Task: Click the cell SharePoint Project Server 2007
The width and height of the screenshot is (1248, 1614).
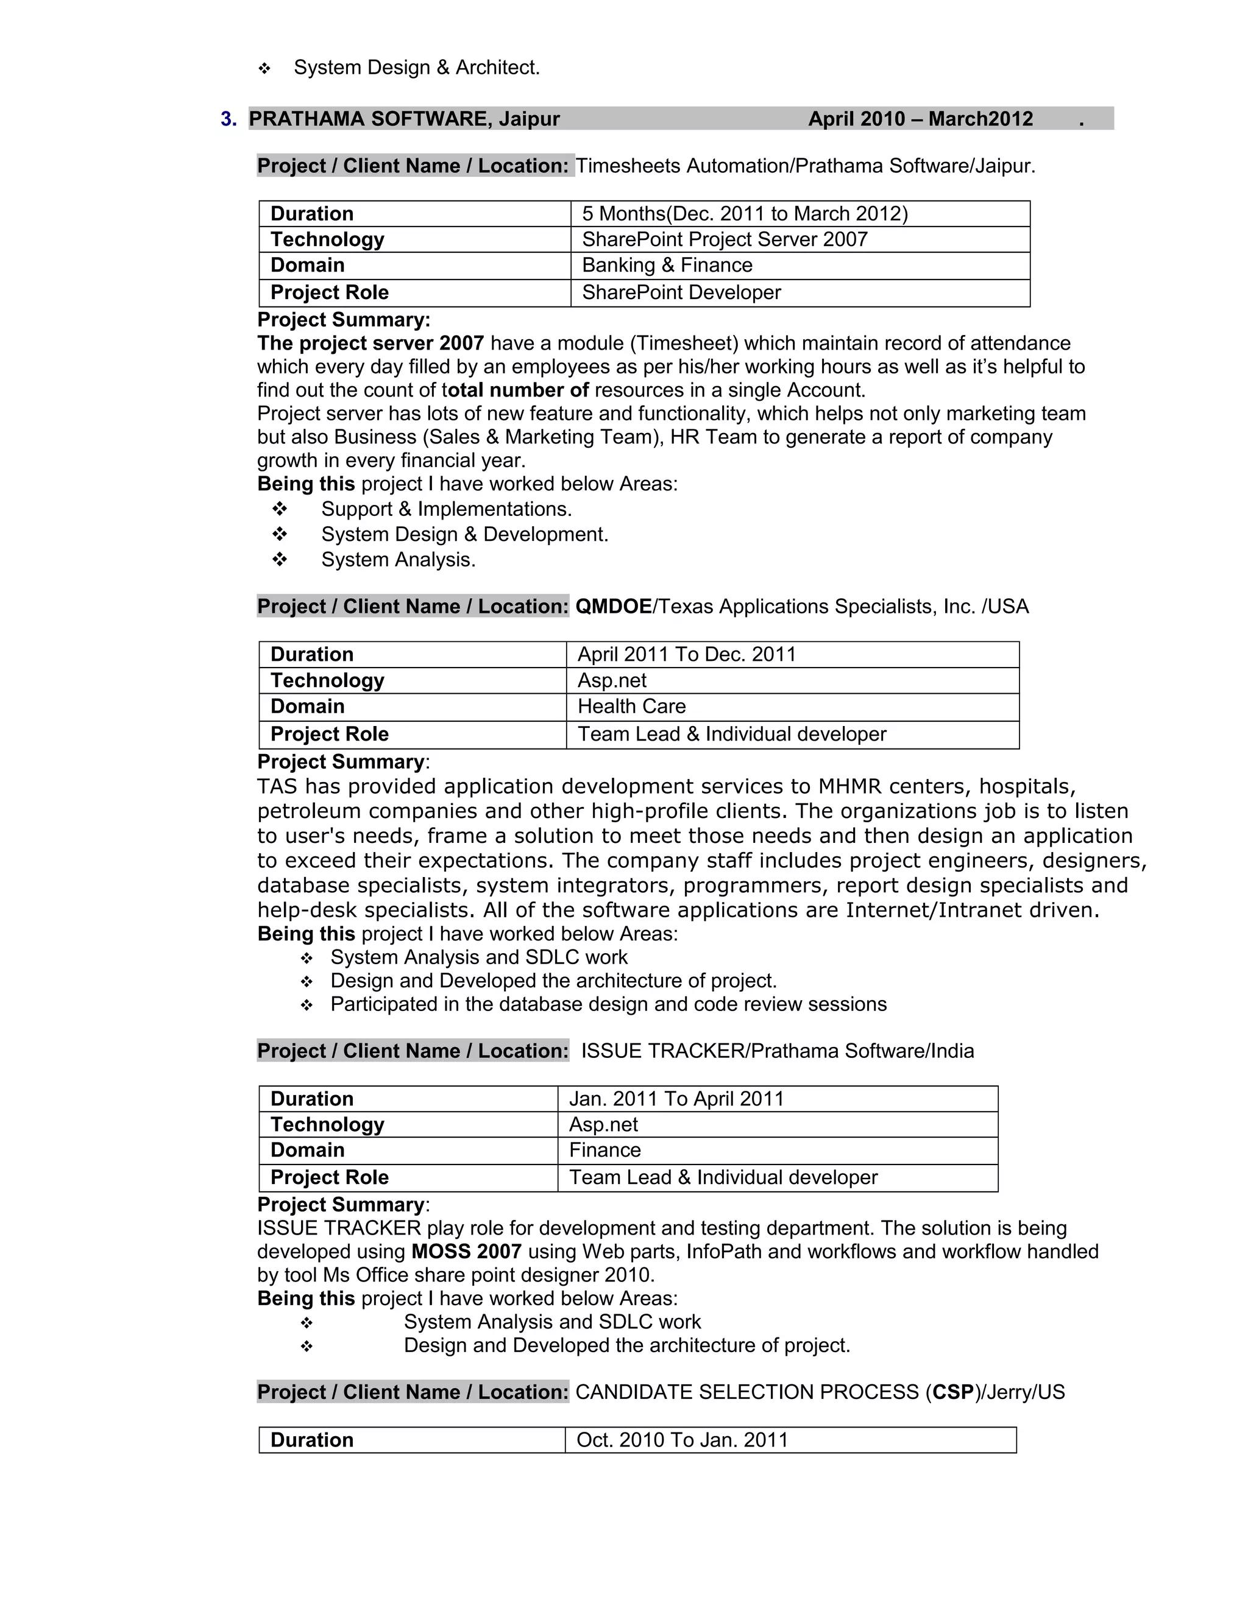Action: click(725, 239)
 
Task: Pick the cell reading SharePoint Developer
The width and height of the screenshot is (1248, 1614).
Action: click(681, 292)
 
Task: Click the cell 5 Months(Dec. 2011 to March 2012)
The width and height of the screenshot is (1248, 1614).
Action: click(745, 214)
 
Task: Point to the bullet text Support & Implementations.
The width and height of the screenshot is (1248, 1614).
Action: click(447, 509)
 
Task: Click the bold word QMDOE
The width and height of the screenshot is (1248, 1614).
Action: click(613, 607)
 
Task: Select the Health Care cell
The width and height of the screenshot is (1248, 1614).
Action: click(631, 707)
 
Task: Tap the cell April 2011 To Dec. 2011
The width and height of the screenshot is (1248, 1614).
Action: click(686, 655)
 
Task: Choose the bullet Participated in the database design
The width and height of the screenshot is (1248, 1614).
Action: click(608, 1004)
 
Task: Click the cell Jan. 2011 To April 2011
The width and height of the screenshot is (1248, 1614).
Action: click(676, 1099)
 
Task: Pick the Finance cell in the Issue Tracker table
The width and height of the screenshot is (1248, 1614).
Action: click(604, 1150)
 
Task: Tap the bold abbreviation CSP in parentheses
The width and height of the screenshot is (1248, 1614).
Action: click(953, 1392)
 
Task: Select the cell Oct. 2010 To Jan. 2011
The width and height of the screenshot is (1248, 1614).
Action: click(682, 1440)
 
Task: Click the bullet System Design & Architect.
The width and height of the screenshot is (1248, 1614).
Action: click(417, 68)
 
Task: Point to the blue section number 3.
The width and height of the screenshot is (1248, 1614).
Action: click(229, 119)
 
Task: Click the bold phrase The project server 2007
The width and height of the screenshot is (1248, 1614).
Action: click(370, 344)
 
